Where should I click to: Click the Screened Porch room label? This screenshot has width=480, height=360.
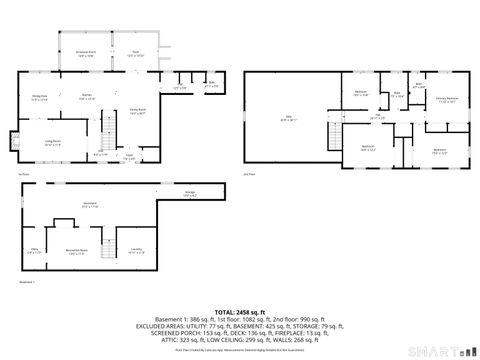click(86, 55)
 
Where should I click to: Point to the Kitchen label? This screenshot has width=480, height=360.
click(87, 97)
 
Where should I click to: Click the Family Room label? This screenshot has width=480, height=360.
click(138, 111)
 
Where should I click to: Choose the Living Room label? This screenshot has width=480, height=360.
click(51, 142)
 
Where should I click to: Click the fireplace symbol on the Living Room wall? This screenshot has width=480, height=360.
click(15, 138)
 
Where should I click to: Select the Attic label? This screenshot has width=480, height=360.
click(289, 119)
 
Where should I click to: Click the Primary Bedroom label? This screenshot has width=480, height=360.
click(447, 99)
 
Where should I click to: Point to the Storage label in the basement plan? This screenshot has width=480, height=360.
click(189, 193)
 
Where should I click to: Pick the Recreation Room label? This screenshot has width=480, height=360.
click(77, 251)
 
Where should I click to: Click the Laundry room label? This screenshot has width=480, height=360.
click(137, 251)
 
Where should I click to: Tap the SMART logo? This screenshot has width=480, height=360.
click(443, 351)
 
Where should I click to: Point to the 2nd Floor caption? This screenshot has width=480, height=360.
click(250, 174)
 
